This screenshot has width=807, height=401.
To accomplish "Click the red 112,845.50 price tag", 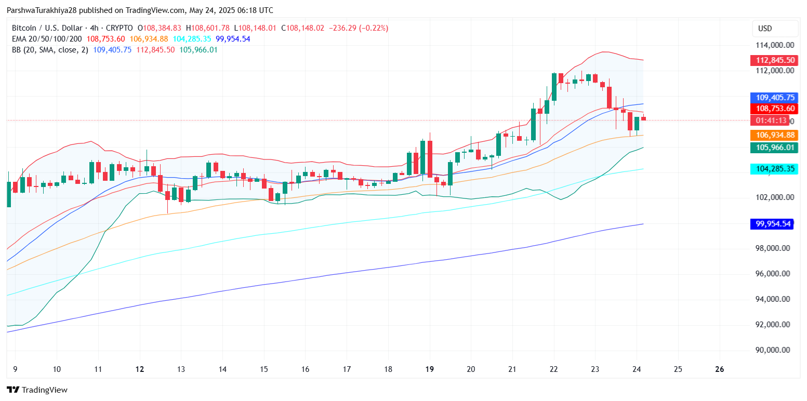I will [773, 60].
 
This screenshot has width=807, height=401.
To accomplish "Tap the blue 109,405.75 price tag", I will [773, 97].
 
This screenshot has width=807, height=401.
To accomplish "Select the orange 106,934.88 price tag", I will [773, 135].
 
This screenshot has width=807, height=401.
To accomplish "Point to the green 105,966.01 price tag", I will [773, 148].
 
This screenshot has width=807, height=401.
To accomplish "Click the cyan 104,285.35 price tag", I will [773, 169].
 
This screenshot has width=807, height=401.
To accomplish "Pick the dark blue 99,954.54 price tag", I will [773, 224].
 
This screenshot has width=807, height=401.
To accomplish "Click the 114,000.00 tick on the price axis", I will [775, 45].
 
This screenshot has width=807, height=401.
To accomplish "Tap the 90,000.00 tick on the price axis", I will [775, 350].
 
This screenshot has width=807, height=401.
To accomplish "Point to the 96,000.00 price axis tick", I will [775, 274].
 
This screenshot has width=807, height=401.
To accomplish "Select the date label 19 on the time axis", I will [429, 369].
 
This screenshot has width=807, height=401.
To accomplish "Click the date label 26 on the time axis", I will [719, 369].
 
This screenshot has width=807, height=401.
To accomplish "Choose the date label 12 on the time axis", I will [140, 369].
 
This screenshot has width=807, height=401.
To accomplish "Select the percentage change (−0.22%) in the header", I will [371, 28].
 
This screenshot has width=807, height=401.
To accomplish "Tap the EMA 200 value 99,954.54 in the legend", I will [233, 39].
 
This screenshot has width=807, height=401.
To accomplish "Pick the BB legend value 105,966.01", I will [199, 50].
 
